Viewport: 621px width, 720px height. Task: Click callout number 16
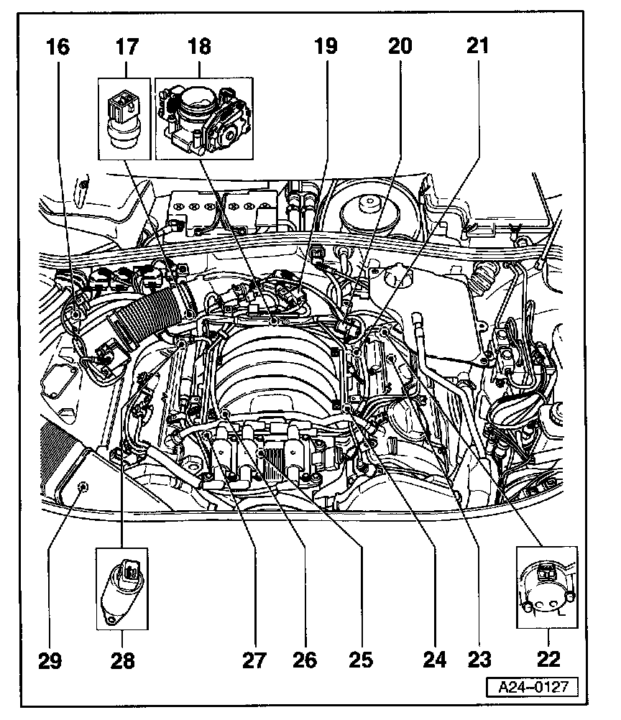tap(60, 47)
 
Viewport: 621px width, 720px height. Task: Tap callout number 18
tap(200, 47)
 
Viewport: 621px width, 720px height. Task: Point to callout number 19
tap(324, 47)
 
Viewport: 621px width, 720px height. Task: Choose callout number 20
tap(400, 47)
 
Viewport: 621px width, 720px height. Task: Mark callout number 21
tap(477, 47)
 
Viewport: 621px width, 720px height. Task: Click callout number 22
tap(548, 658)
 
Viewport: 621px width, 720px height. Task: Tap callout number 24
tap(435, 658)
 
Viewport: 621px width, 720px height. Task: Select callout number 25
tap(362, 658)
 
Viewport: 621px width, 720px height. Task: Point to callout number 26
tap(305, 658)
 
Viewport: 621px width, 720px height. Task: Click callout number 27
tap(254, 658)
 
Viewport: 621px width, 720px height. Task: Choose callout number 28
tap(123, 658)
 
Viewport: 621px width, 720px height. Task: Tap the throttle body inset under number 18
tap(204, 119)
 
